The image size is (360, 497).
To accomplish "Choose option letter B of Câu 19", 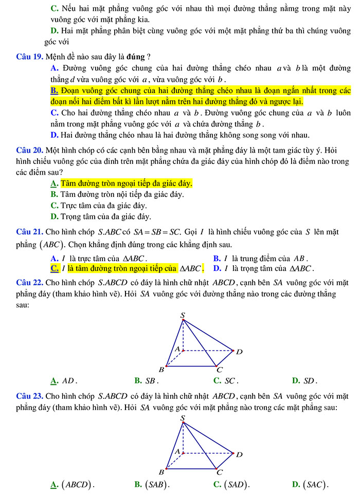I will point(55,91).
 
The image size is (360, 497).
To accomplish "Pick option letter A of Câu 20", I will point(54,183).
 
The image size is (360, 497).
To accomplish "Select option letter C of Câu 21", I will point(54,268).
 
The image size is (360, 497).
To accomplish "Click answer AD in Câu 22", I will point(69,381).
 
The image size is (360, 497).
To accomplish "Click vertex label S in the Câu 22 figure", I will point(183,314).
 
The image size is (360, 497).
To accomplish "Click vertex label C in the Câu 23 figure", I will point(220,472).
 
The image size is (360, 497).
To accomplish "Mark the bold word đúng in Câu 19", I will point(136,56).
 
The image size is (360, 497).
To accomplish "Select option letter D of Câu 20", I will point(54,216).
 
